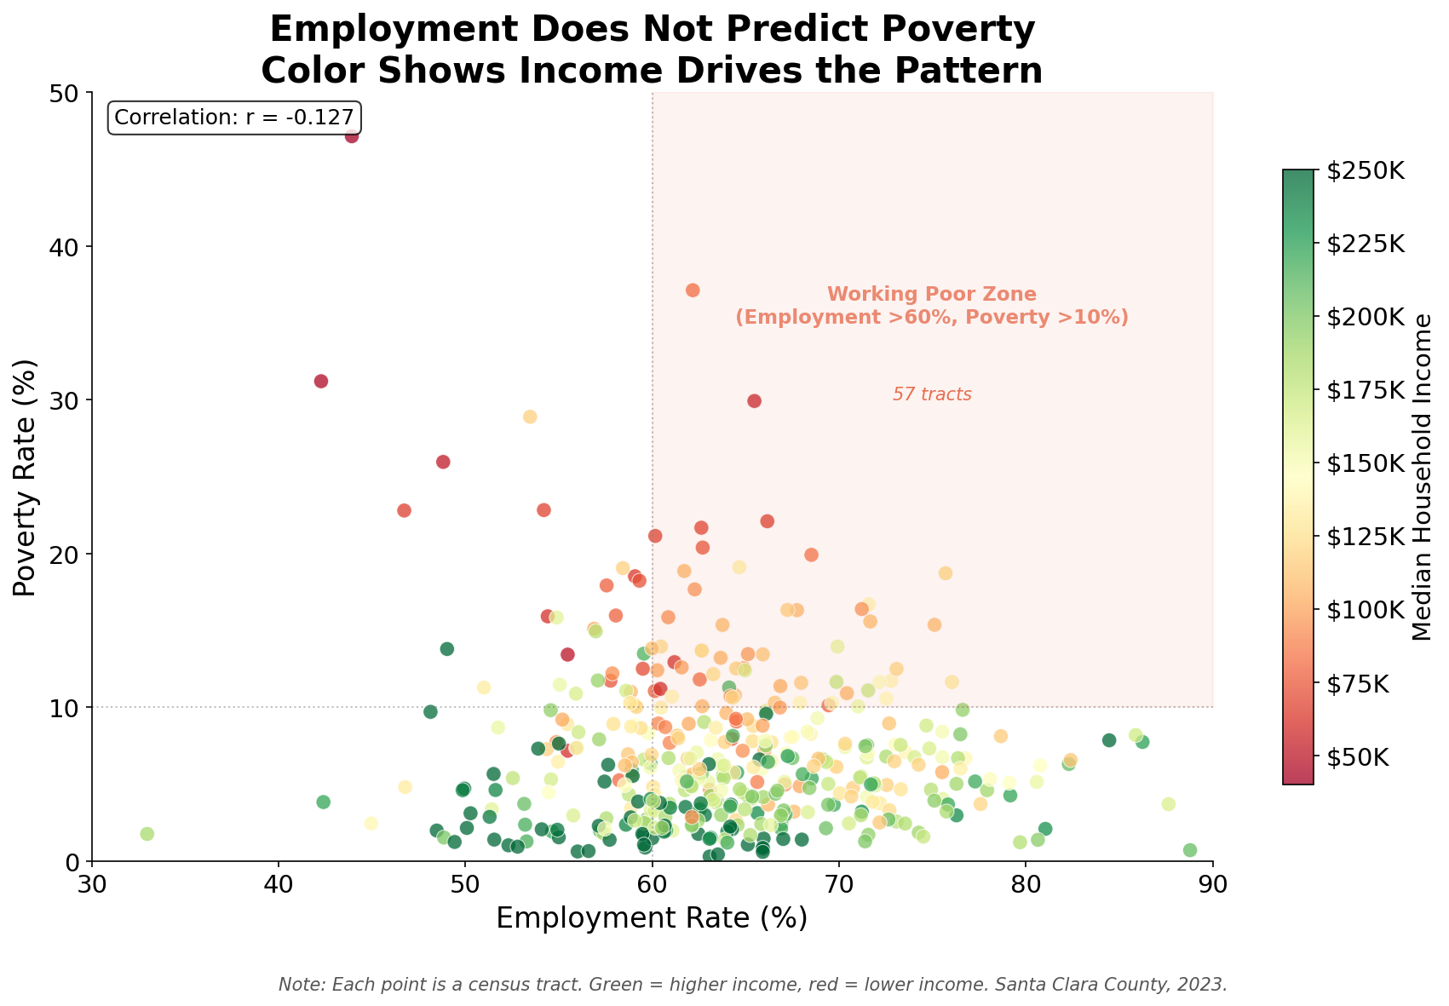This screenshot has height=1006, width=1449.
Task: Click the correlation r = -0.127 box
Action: [234, 118]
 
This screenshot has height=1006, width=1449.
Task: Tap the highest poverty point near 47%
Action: [352, 136]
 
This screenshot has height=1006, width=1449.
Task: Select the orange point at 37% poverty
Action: [693, 290]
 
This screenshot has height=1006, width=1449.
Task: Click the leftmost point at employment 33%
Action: [147, 834]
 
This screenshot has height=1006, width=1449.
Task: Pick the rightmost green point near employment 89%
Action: [1190, 850]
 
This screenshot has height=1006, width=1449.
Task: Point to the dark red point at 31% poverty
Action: [321, 381]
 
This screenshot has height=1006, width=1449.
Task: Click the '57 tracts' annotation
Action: [932, 395]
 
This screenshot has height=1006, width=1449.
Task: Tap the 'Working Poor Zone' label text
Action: [932, 295]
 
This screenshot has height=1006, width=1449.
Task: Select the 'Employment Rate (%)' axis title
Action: [652, 918]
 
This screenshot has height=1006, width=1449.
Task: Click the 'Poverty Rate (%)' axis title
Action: [26, 477]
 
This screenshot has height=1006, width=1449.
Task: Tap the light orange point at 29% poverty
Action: [530, 417]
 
